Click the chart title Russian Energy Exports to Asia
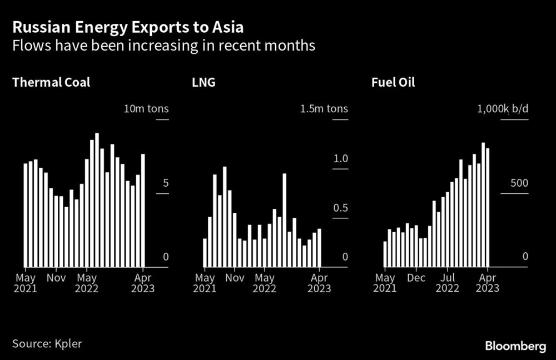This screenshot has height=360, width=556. pyautogui.click(x=128, y=26)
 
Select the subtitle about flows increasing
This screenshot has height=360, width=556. pyautogui.click(x=164, y=46)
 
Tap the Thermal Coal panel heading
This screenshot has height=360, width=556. pyautogui.click(x=51, y=83)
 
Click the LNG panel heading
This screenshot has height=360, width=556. pyautogui.click(x=204, y=83)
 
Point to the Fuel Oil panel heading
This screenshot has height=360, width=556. pyautogui.click(x=393, y=83)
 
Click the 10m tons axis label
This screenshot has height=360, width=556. pyautogui.click(x=146, y=108)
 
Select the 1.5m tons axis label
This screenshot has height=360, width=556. pyautogui.click(x=324, y=108)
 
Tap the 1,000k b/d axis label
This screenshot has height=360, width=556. pyautogui.click(x=503, y=108)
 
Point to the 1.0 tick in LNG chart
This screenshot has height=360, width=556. pyautogui.click(x=340, y=159)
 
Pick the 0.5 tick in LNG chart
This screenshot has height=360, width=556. pyautogui.click(x=340, y=208)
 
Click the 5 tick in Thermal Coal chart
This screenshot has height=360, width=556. pyautogui.click(x=166, y=184)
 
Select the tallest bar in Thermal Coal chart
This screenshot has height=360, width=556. pyautogui.click(x=97, y=200)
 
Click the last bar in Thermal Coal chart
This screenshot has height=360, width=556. pyautogui.click(x=143, y=211)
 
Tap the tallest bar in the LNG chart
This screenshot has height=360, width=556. pyautogui.click(x=225, y=217)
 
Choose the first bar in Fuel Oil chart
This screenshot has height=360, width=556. pyautogui.click(x=385, y=254)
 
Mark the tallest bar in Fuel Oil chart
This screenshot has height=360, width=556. pyautogui.click(x=483, y=205)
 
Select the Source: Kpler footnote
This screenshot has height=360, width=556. pyautogui.click(x=47, y=343)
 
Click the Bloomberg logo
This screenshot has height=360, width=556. pyautogui.click(x=515, y=346)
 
